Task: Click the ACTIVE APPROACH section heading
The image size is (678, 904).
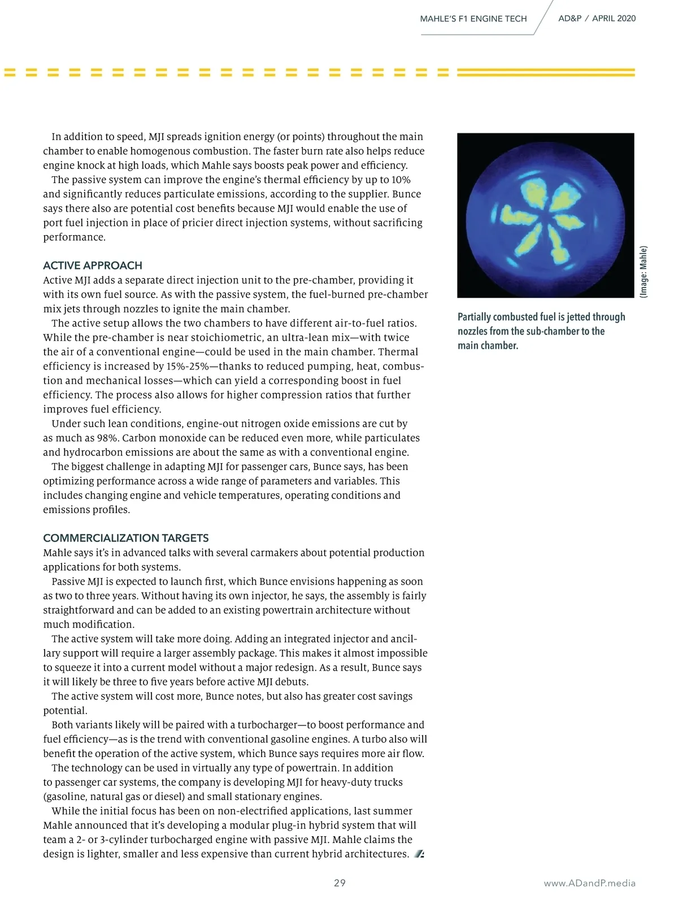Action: tap(93, 266)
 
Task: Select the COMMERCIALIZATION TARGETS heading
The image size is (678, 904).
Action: tap(126, 538)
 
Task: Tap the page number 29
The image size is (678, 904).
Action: tap(340, 883)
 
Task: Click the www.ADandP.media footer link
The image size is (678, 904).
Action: tap(589, 883)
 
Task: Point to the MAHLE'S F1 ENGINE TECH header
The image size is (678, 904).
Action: tap(473, 19)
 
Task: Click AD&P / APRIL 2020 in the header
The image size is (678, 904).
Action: tap(597, 18)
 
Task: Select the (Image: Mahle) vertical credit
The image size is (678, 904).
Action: tap(644, 271)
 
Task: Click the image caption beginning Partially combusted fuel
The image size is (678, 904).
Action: tap(541, 331)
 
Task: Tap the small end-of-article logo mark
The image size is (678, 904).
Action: tap(419, 854)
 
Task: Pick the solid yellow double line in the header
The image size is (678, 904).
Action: tap(545, 72)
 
